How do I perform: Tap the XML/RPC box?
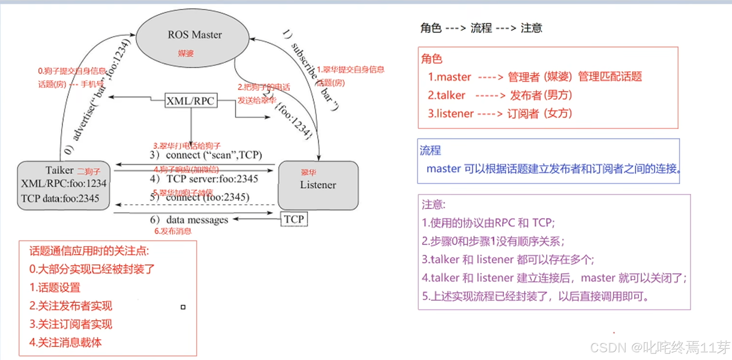tap(190, 101)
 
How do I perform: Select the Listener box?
tap(318, 185)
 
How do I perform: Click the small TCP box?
tap(294, 219)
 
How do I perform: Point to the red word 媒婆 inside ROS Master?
tap(186, 54)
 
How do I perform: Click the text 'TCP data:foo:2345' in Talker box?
tap(60, 199)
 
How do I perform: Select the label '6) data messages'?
tap(189, 220)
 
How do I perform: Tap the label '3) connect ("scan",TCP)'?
tap(206, 155)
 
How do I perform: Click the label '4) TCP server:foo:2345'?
tap(204, 179)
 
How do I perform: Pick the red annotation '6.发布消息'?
tap(173, 231)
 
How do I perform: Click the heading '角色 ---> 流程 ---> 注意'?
tap(481, 28)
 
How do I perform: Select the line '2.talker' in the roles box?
tap(499, 95)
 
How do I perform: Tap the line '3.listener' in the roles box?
tap(499, 114)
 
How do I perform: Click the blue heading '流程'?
tap(430, 150)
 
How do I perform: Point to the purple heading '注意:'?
tap(433, 204)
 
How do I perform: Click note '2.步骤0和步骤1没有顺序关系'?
tap(493, 241)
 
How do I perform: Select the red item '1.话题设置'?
tap(55, 288)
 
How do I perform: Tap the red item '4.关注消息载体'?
tap(66, 343)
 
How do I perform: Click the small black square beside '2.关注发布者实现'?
tap(183, 307)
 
